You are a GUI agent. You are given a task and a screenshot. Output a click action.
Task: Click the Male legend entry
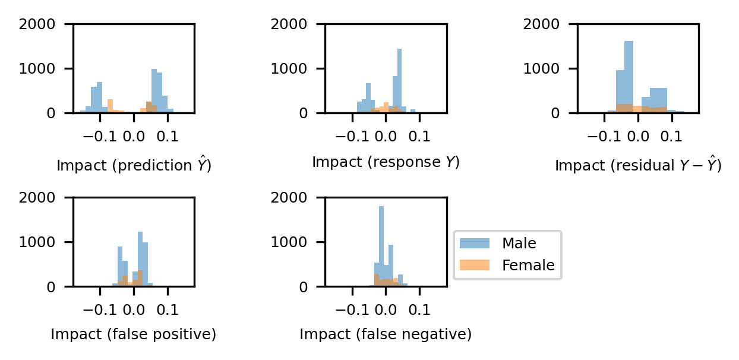(x=519, y=243)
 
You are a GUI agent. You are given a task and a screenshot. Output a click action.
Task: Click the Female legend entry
(x=528, y=266)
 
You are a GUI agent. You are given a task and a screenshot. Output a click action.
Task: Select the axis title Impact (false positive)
(x=133, y=334)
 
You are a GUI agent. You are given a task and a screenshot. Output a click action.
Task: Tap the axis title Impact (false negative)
(x=386, y=334)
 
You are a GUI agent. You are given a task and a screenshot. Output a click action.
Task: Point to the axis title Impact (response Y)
(x=386, y=162)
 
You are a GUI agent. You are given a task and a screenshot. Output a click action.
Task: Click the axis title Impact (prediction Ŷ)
(x=134, y=165)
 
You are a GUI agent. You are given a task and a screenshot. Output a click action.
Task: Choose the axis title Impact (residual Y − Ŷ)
(x=637, y=165)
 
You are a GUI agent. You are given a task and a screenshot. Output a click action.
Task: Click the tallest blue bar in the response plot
(x=399, y=80)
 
